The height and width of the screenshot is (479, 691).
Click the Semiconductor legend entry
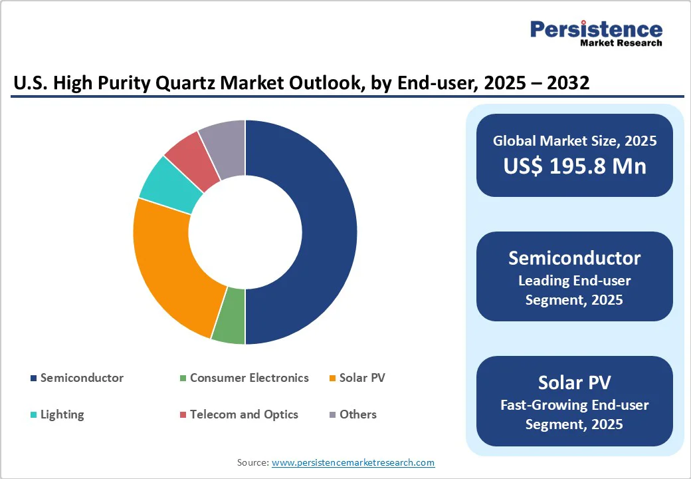click(82, 378)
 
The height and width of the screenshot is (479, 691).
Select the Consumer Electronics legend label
click(249, 378)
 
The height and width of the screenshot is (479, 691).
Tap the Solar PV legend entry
click(362, 378)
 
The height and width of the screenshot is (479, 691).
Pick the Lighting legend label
click(62, 414)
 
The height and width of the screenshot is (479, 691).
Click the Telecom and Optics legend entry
click(244, 414)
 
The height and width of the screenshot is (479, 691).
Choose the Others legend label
click(357, 414)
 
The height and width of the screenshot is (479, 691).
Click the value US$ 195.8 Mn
click(575, 166)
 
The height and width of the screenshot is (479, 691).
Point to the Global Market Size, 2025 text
click(575, 140)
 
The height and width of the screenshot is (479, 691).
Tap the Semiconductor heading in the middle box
click(575, 258)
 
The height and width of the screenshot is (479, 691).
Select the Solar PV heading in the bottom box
click(575, 383)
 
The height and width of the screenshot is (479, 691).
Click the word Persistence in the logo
click(596, 29)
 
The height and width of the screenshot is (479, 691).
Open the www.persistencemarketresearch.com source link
click(353, 462)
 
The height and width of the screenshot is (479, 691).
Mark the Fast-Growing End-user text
click(575, 404)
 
